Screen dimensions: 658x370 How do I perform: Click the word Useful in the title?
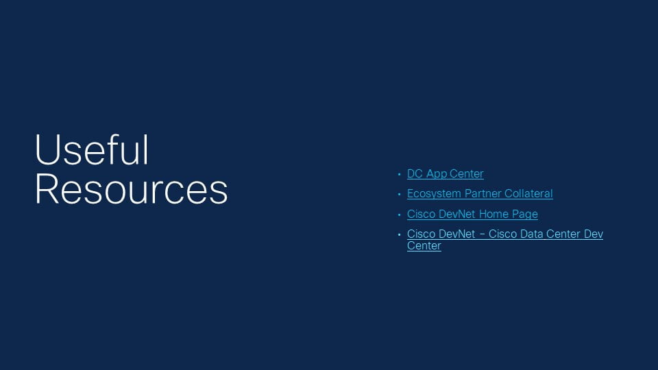92,150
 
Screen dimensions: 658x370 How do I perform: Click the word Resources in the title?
132,190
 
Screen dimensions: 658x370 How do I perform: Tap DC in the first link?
415,173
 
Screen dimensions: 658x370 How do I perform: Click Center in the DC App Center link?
467,173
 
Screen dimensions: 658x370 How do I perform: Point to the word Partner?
483,193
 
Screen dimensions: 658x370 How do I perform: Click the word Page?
525,214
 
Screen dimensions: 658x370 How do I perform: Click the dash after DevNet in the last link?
482,234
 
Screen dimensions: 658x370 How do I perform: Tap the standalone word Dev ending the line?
594,234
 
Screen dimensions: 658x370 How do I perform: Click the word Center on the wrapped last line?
424,245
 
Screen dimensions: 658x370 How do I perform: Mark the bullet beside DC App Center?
399,174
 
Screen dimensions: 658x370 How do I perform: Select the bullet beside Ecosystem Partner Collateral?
399,194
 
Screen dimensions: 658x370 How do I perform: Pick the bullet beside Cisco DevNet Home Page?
399,214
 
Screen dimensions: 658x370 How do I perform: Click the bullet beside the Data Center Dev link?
399,234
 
